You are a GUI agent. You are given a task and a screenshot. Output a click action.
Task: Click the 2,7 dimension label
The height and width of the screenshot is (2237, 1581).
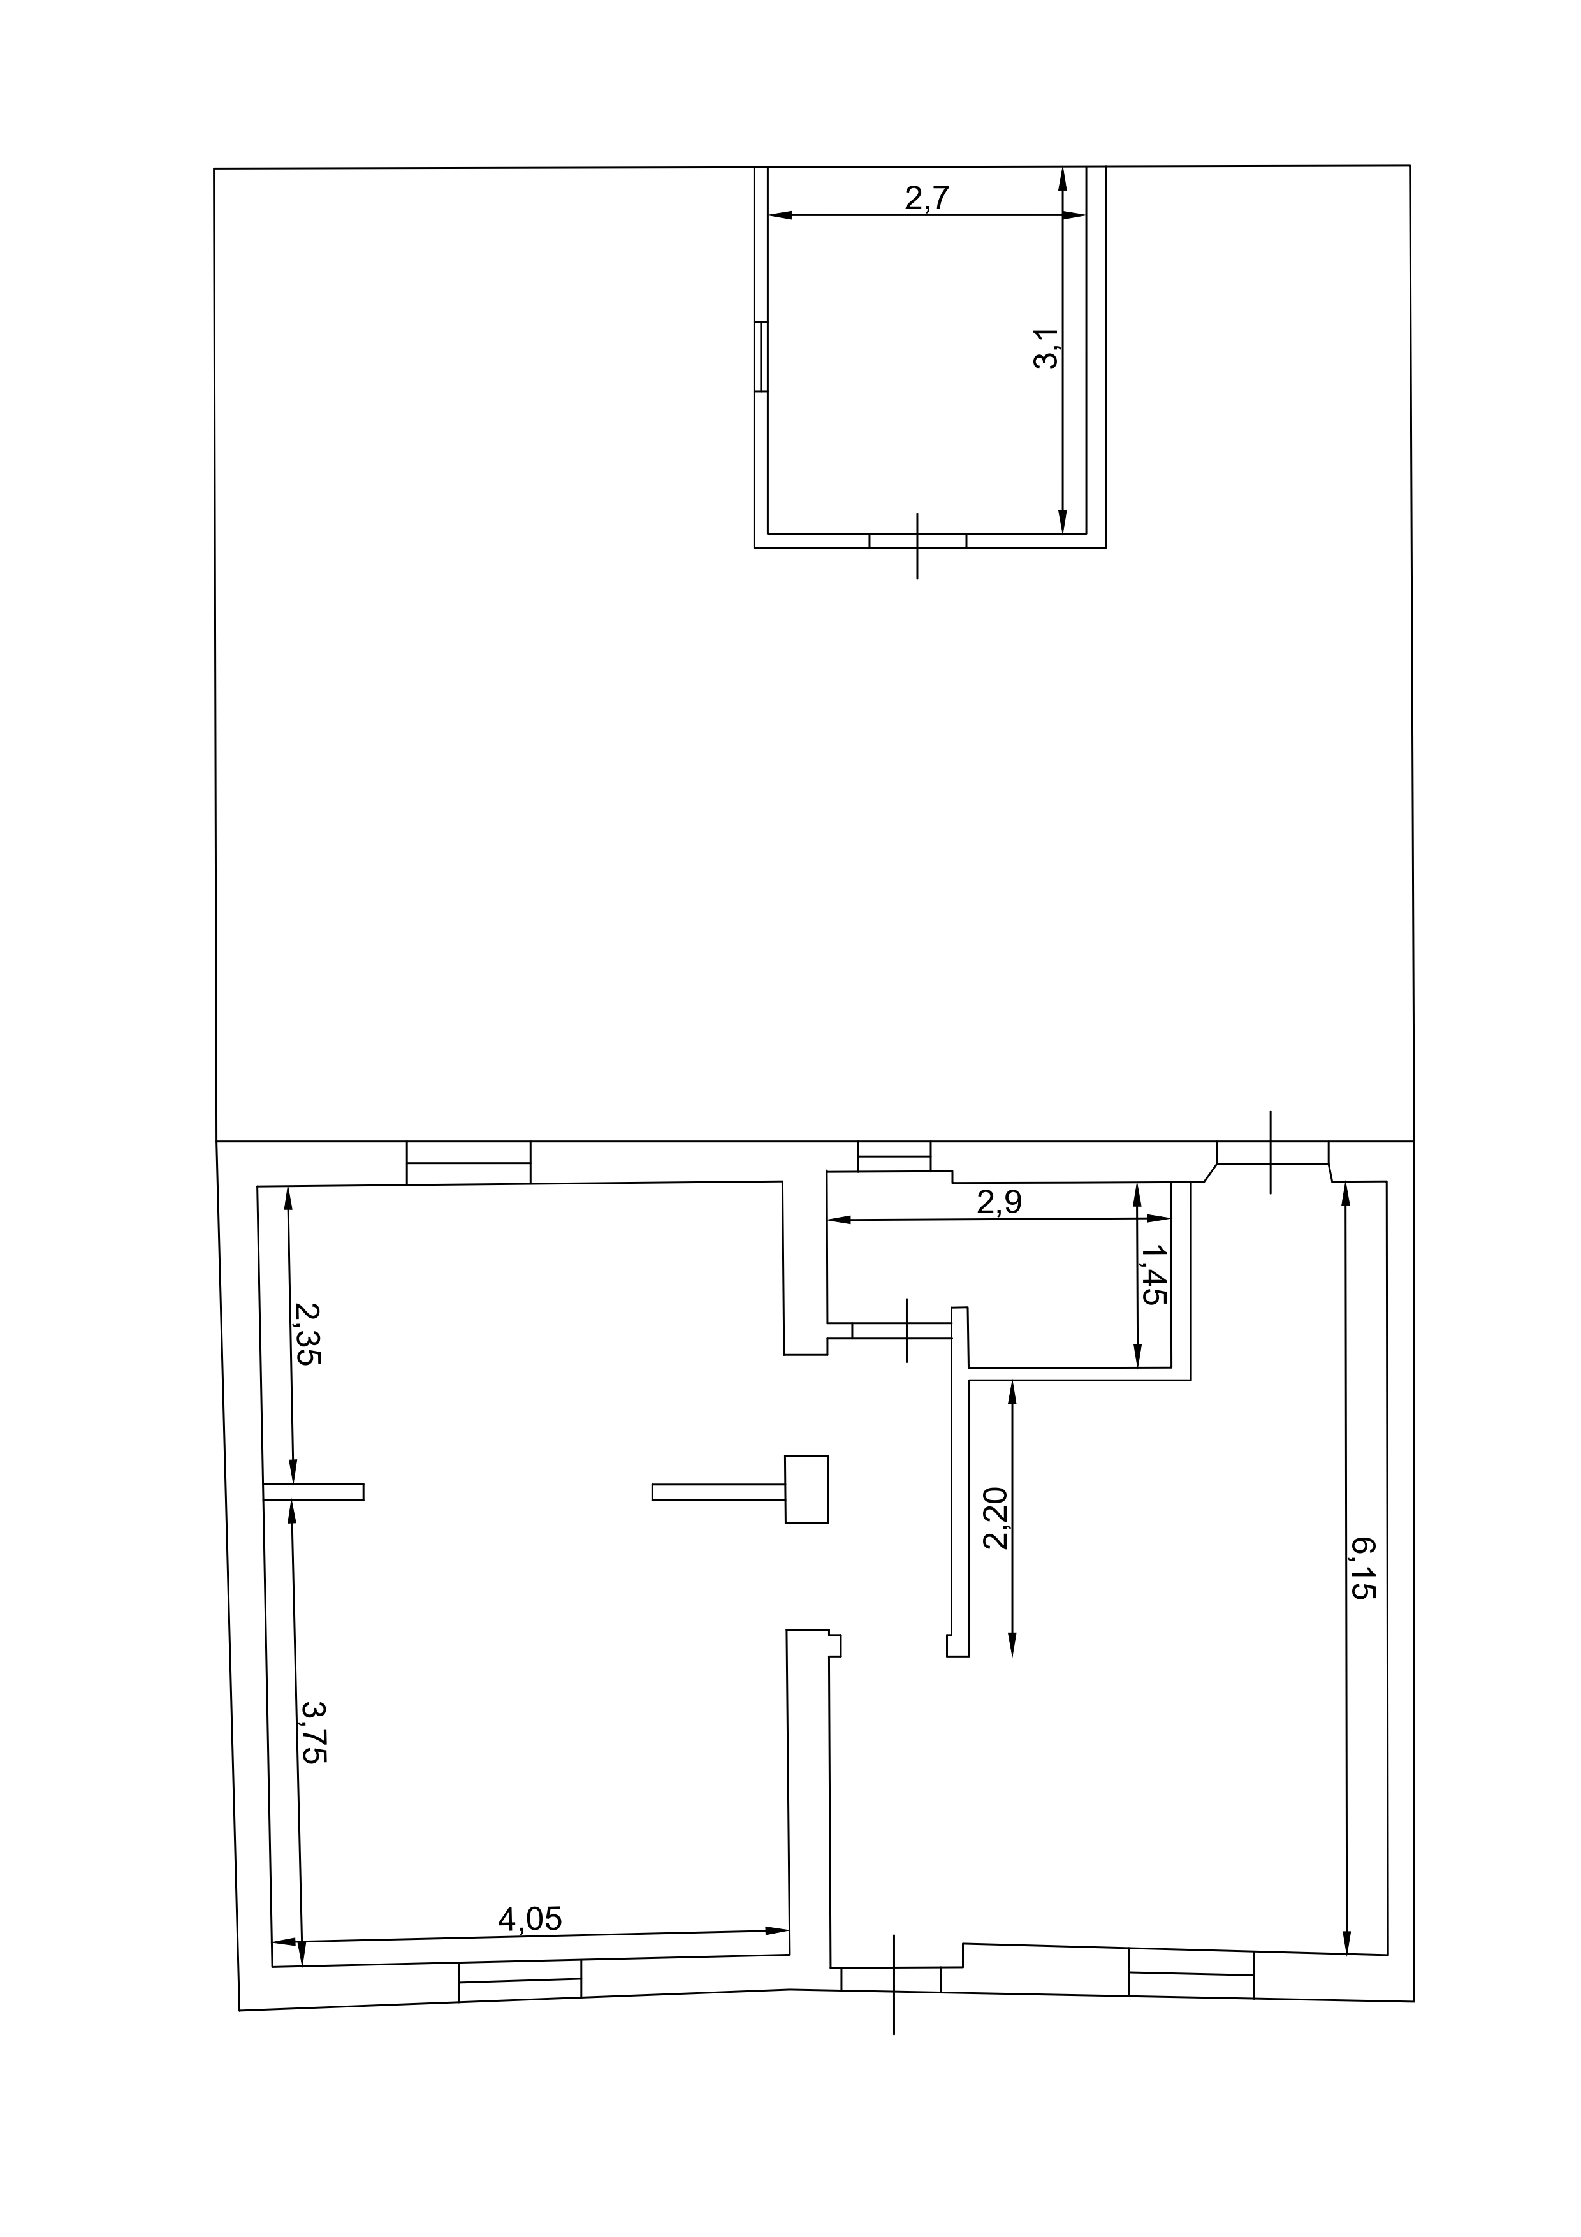926,198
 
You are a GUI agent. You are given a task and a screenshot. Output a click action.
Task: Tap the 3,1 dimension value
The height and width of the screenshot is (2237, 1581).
1045,348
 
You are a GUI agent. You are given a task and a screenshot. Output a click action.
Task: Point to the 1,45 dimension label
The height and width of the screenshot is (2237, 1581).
1153,1274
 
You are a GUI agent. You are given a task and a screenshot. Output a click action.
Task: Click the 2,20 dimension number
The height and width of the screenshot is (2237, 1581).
996,1519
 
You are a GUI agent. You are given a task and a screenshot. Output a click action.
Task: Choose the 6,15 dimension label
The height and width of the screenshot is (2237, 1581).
1362,1569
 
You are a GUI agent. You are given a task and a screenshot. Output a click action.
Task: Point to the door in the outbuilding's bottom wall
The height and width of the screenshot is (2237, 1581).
917,541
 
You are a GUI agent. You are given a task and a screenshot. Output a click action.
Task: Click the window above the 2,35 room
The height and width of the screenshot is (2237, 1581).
469,1162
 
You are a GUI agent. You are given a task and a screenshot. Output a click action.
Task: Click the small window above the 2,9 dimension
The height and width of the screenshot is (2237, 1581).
894,1156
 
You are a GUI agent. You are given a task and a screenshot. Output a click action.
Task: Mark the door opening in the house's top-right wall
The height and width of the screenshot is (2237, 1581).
1272,1153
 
